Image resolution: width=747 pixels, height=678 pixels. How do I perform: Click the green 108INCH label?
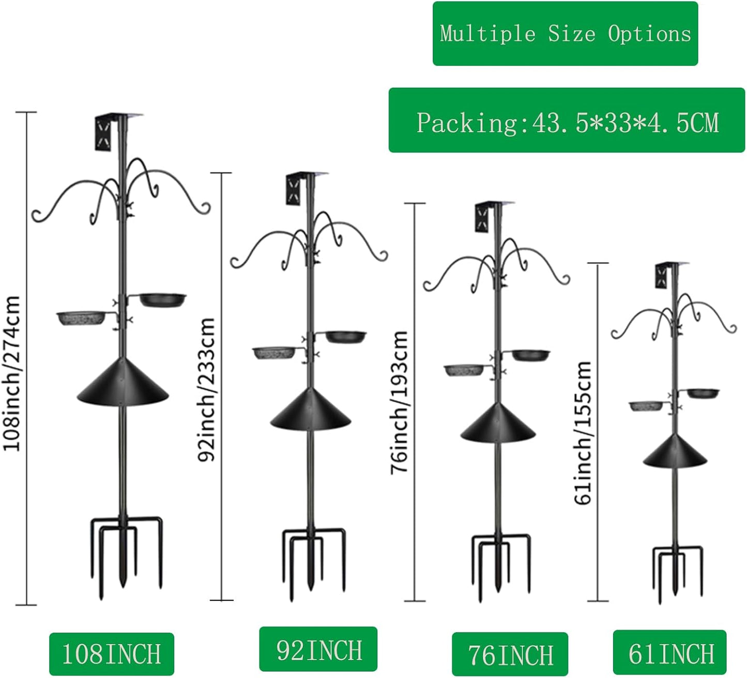pos(111,654)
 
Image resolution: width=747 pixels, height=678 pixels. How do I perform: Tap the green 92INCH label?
pos(318,649)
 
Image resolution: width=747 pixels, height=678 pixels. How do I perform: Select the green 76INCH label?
pos(510,654)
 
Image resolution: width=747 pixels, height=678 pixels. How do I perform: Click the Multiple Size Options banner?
pos(565,34)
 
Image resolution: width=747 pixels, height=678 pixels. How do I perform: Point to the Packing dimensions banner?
pos(567,120)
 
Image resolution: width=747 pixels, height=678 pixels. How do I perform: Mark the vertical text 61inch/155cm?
pos(583,433)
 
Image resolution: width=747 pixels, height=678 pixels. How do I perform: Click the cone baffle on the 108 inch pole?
pos(123,383)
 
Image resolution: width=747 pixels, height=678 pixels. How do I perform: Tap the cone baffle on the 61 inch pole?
pos(675,450)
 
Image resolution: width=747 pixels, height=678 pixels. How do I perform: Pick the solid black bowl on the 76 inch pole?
pos(531,355)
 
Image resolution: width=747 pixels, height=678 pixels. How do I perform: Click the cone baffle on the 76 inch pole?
pos(498,423)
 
